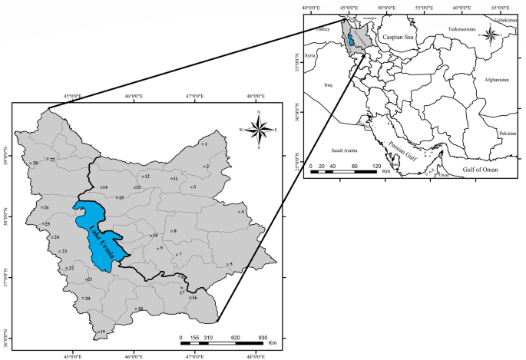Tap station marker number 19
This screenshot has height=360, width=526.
tap(98, 332)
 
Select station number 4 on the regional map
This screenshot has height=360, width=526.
tap(239, 211)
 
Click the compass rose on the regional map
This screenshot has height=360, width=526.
tap(260, 130)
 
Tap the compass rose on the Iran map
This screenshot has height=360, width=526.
tap(489, 35)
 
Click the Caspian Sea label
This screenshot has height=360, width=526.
tap(399, 37)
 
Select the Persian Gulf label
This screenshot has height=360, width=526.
tap(403, 146)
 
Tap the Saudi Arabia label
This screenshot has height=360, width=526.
tap(346, 150)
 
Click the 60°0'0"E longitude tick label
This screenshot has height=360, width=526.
tap(462, 8)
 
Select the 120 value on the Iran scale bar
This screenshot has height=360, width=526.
tap(377, 166)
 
